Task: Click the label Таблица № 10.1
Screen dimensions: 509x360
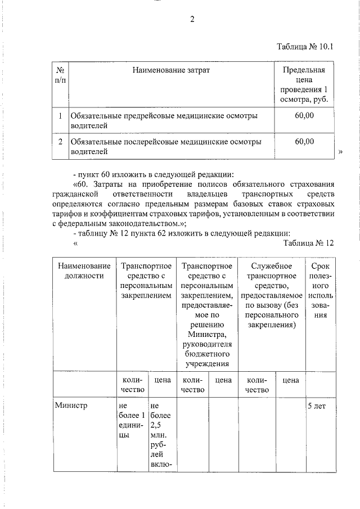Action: (x=306, y=47)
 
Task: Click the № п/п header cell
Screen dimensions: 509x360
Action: (x=60, y=75)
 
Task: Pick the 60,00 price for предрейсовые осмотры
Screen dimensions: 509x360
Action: (x=304, y=115)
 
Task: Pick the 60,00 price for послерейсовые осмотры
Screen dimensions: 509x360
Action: (x=304, y=141)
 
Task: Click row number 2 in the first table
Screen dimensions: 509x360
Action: (x=60, y=141)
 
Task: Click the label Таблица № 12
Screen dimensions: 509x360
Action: (x=309, y=243)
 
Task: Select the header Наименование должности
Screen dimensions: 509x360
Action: (x=84, y=271)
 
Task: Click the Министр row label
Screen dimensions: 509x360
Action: (x=70, y=404)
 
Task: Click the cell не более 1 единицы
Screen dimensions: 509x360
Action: (x=132, y=420)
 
